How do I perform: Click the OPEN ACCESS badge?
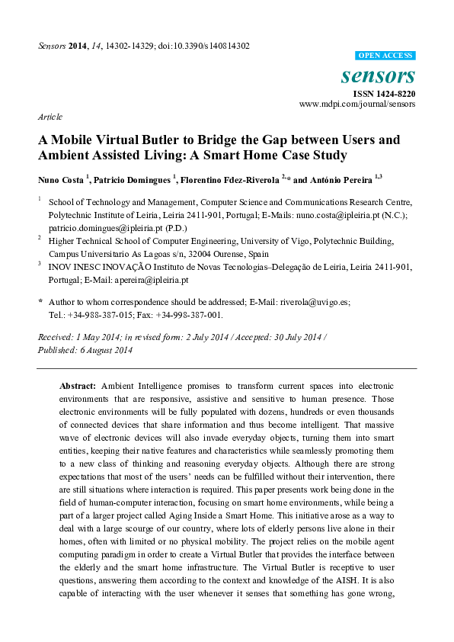click(x=385, y=56)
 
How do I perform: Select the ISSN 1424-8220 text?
click(x=383, y=93)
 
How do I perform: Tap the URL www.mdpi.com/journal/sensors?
click(x=357, y=104)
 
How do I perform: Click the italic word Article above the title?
click(x=50, y=117)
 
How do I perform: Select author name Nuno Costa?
click(x=60, y=180)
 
